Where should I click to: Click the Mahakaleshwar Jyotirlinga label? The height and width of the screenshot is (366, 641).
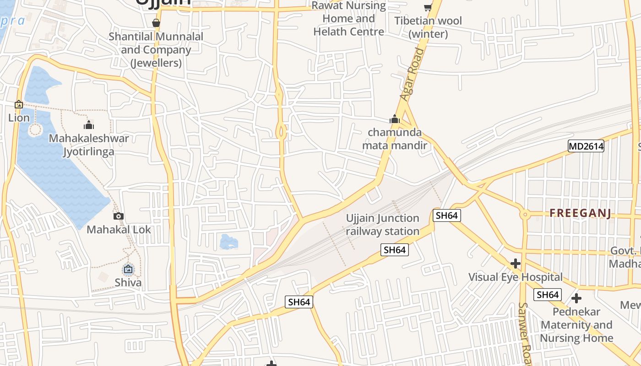coord(89,145)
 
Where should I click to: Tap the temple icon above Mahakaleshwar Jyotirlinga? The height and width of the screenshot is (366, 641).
coord(89,125)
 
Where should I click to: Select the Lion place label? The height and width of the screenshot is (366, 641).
coord(19,118)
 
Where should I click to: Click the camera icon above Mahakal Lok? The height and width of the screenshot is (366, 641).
coord(119,216)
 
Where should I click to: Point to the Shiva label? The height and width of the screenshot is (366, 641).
coord(128,282)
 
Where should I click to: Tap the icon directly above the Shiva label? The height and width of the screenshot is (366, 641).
coord(128,269)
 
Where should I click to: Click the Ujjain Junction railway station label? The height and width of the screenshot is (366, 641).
coord(382,225)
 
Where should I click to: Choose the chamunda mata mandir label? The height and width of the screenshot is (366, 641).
coord(395,139)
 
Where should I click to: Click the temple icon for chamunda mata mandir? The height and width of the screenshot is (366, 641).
coord(395,120)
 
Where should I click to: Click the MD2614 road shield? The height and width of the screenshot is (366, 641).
coord(586,146)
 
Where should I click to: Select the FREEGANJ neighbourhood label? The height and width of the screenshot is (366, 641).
coord(581,213)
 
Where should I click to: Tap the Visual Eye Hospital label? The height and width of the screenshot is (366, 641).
coord(515,277)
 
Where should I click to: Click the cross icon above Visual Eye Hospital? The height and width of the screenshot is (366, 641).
coord(516,264)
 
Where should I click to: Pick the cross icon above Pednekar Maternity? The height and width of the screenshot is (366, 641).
coord(576,298)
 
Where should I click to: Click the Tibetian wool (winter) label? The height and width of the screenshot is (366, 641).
coord(428,27)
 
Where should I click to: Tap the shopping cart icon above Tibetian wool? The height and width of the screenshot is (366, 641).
coord(428,7)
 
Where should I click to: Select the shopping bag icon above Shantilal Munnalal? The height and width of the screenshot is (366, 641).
coord(156,23)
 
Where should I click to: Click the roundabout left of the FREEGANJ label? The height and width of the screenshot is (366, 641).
coord(525,214)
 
